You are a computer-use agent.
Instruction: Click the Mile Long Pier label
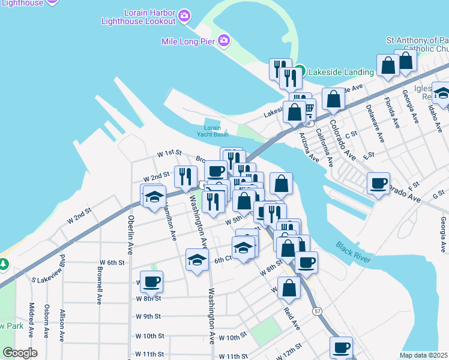coord(188,41)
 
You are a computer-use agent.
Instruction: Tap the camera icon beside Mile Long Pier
coord(224,41)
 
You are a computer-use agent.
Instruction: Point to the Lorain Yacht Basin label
coord(216,131)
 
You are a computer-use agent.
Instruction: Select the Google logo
coord(20,353)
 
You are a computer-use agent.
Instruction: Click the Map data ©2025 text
coord(423,355)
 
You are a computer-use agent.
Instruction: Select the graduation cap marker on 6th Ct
coord(197,259)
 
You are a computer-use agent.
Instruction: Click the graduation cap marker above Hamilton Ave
coord(154,195)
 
